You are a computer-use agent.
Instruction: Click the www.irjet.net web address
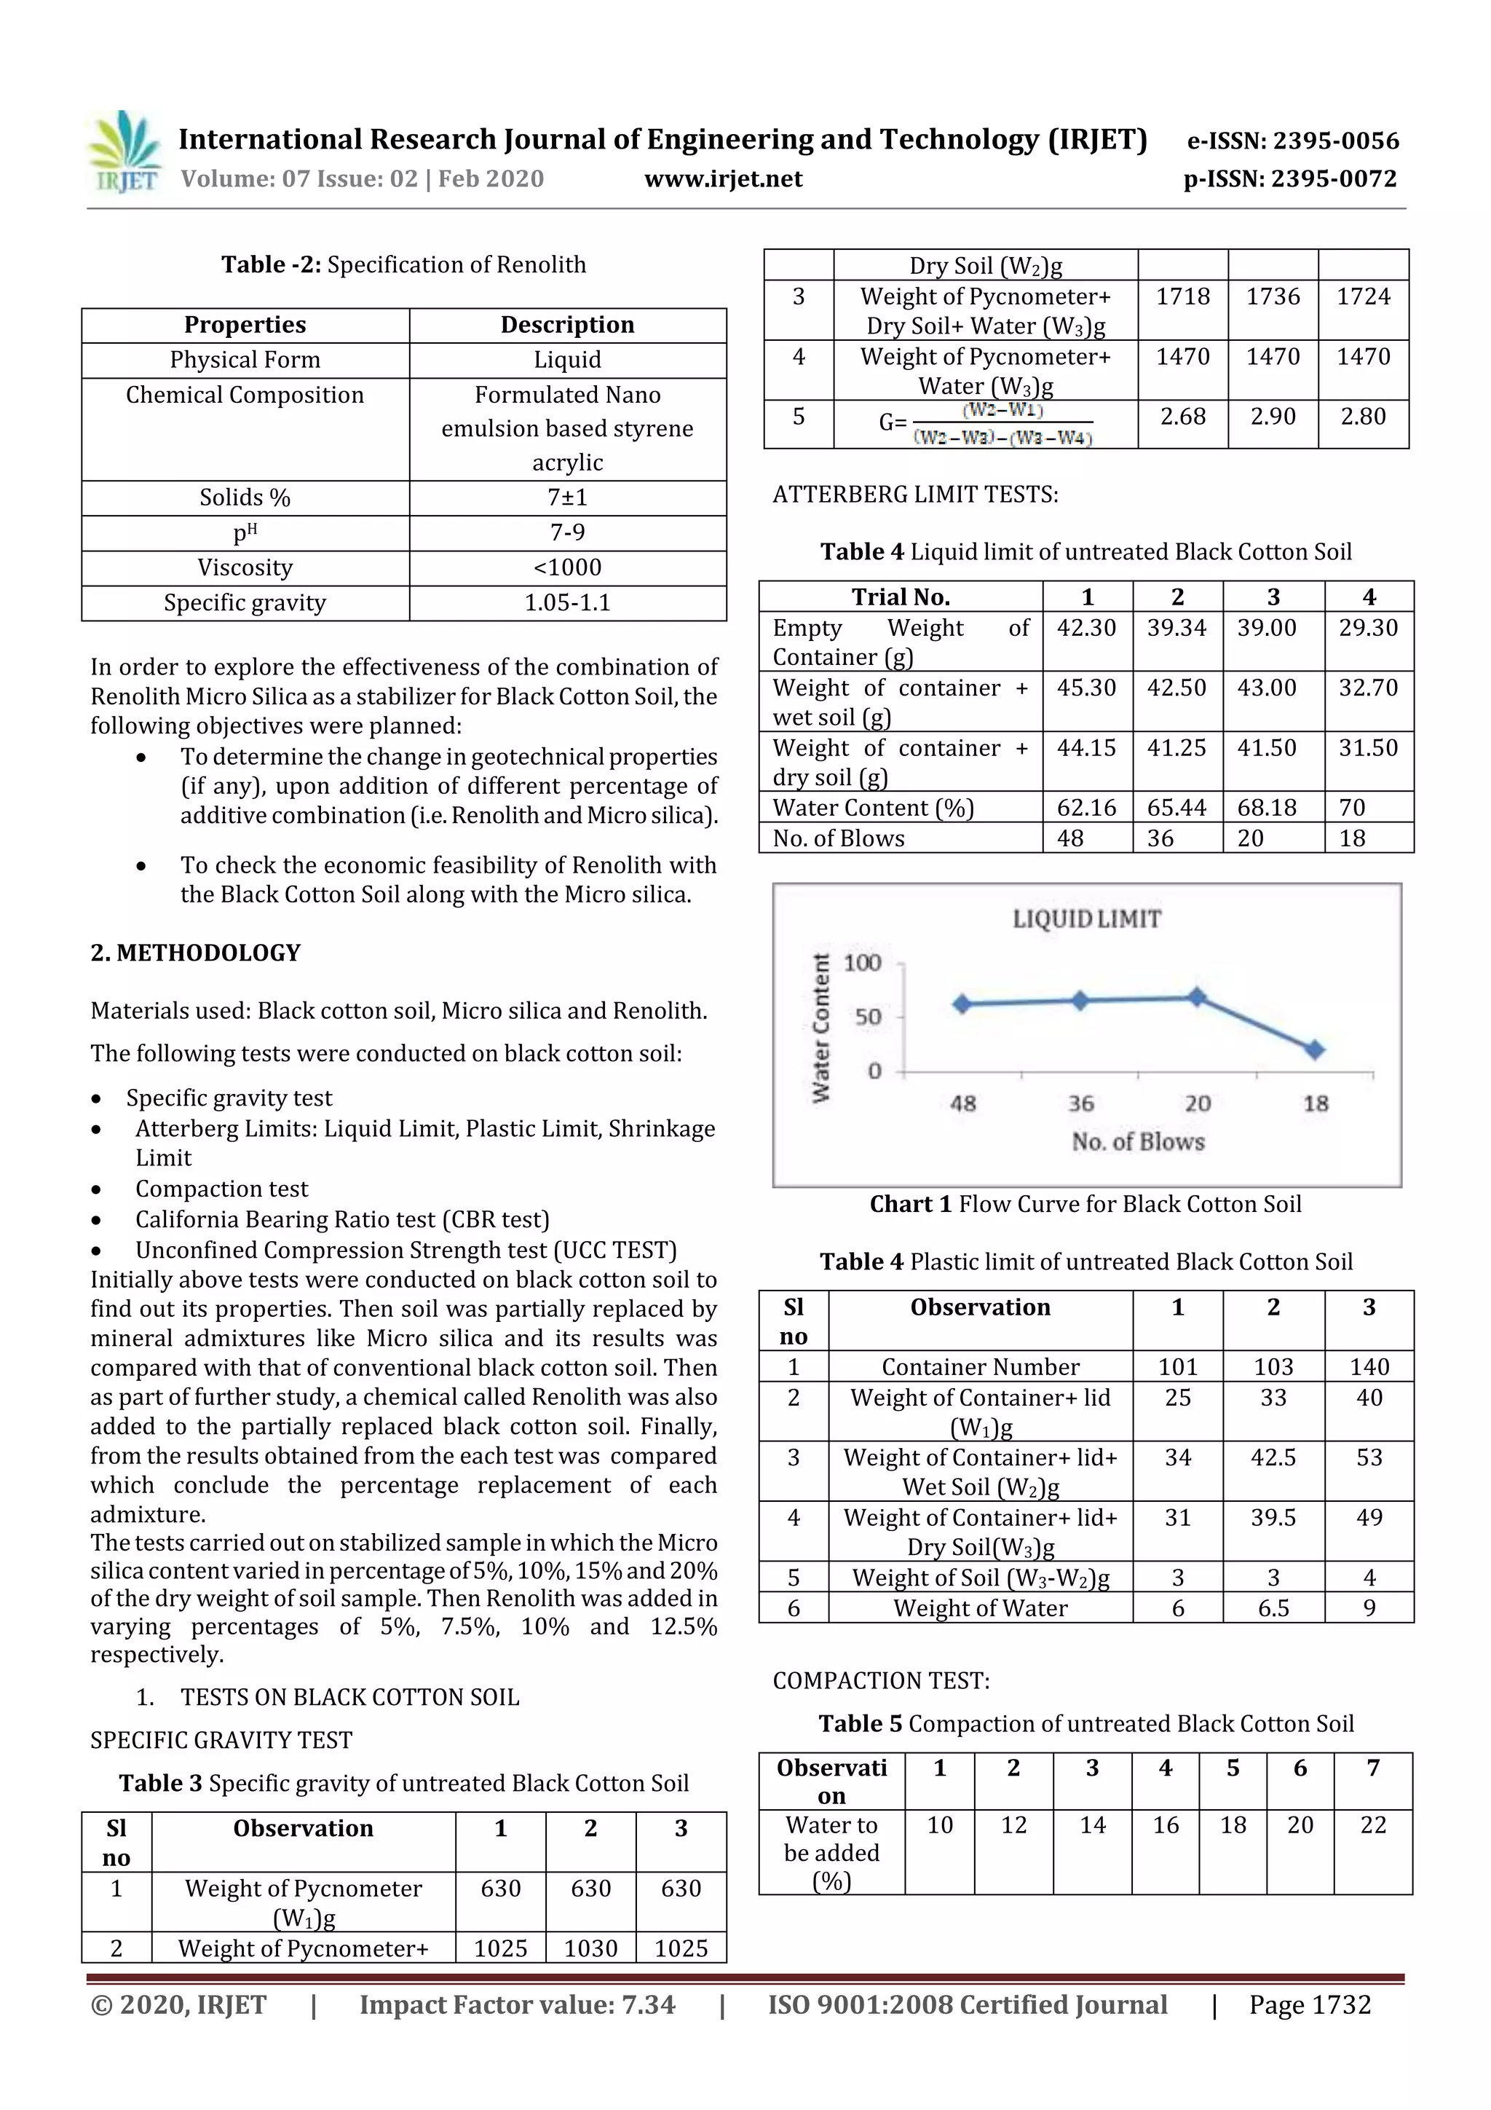click(x=723, y=178)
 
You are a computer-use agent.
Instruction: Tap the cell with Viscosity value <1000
click(x=567, y=568)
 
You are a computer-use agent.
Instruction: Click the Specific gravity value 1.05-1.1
click(x=567, y=603)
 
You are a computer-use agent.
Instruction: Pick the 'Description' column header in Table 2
click(x=567, y=324)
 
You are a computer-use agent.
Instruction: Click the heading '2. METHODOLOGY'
click(x=196, y=952)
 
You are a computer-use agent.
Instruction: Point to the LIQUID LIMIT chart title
click(x=1087, y=918)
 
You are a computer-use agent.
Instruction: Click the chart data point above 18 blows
click(x=1315, y=1049)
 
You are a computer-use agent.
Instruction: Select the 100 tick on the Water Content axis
click(x=862, y=962)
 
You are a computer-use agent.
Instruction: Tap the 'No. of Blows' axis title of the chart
click(x=1137, y=1141)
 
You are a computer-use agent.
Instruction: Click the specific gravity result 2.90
click(x=1273, y=417)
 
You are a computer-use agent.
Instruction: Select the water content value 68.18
click(x=1266, y=807)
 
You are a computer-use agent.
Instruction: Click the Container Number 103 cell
click(x=1273, y=1366)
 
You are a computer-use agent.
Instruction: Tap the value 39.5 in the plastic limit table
click(x=1273, y=1517)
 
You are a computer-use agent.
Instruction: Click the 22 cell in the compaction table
click(x=1372, y=1824)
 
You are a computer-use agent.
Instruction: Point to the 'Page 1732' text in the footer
click(x=1309, y=2004)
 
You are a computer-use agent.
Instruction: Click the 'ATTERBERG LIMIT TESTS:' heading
click(x=915, y=495)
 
